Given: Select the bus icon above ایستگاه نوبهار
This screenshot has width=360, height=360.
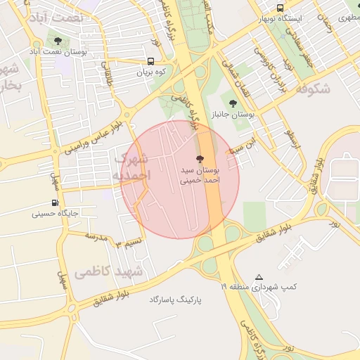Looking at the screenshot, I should pyautogui.click(x=280, y=8).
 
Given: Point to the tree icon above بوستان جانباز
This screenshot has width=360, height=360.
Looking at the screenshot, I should pyautogui.click(x=233, y=103).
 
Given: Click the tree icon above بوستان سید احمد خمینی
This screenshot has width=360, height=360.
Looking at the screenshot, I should pyautogui.click(x=200, y=160).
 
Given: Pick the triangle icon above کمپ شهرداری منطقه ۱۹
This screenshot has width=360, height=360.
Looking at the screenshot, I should pyautogui.click(x=259, y=278).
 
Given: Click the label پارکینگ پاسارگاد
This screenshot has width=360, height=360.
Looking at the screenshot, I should pyautogui.click(x=175, y=300).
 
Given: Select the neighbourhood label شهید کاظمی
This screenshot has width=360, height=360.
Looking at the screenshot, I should pyautogui.click(x=117, y=271).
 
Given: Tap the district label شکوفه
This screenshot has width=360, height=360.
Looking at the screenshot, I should pyautogui.click(x=313, y=89).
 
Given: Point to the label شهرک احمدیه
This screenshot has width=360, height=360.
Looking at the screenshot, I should pyautogui.click(x=131, y=166).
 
